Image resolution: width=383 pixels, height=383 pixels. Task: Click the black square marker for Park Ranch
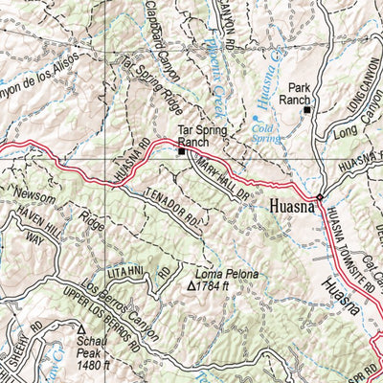(x=307, y=110)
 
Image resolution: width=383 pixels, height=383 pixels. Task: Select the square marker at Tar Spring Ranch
(x=181, y=149)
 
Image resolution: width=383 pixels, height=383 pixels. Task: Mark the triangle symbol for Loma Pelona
(x=191, y=284)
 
